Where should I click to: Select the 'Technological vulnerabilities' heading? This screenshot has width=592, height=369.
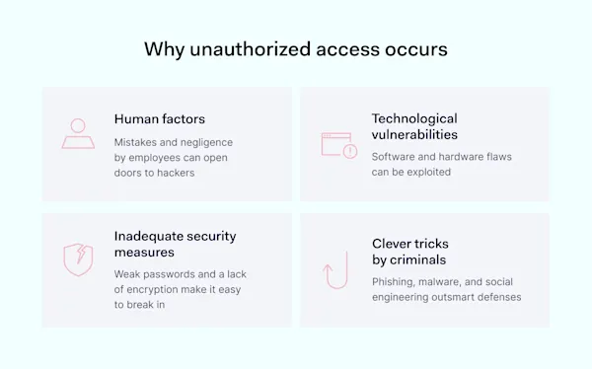pyautogui.click(x=414, y=125)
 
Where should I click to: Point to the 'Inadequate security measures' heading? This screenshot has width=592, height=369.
pyautogui.click(x=175, y=244)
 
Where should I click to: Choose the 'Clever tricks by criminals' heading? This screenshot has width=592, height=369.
pyautogui.click(x=408, y=251)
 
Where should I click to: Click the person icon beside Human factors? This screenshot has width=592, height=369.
pyautogui.click(x=78, y=133)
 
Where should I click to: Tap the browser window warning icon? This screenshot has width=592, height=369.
pyautogui.click(x=337, y=144)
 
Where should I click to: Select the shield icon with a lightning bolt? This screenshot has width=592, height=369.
pyautogui.click(x=78, y=259)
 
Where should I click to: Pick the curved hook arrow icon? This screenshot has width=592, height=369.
pyautogui.click(x=337, y=269)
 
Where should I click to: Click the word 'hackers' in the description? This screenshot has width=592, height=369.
pyautogui.click(x=176, y=173)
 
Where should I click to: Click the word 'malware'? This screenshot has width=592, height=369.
pyautogui.click(x=450, y=281)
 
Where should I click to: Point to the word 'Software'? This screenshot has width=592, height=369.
pyautogui.click(x=396, y=156)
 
